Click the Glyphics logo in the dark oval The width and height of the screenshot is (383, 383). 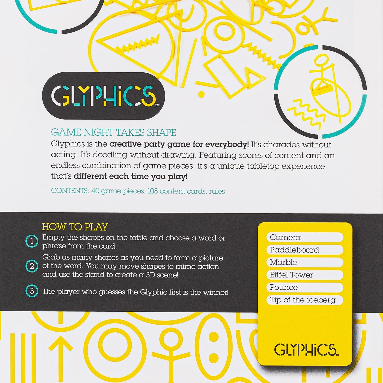(x=103, y=96)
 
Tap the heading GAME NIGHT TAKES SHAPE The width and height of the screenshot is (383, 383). (x=114, y=132)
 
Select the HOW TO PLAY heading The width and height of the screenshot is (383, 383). (x=75, y=227)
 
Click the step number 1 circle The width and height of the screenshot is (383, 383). (x=32, y=241)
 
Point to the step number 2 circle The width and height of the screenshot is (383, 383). (x=32, y=266)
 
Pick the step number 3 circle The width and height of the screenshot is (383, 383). (x=32, y=291)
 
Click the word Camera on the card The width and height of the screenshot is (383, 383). (x=285, y=237)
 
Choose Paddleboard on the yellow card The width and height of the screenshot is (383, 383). (x=294, y=250)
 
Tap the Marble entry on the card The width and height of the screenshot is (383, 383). (x=283, y=262)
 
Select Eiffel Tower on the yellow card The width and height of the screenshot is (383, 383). (x=291, y=275)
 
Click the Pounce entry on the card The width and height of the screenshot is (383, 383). (x=284, y=287)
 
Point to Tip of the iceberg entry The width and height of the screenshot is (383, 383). (x=302, y=300)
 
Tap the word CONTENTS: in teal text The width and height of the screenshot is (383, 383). (x=70, y=191)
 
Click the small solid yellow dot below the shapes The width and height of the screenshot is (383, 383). (x=201, y=94)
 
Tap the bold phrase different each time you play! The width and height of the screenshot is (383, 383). (x=130, y=177)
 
